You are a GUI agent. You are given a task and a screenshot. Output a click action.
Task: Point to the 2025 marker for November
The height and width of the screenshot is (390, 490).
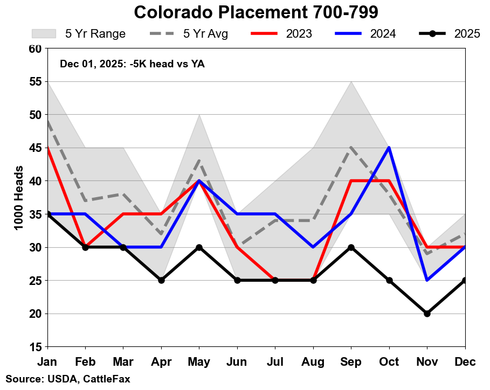(x=427, y=314)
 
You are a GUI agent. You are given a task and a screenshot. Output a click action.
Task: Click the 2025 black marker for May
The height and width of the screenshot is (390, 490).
(x=199, y=247)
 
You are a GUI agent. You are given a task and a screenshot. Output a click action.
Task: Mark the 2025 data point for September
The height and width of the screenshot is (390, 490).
(x=351, y=247)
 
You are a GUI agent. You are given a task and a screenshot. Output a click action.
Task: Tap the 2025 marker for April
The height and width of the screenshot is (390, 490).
(x=161, y=280)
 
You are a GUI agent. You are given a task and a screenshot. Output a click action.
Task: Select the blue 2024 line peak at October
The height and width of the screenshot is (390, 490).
(x=389, y=148)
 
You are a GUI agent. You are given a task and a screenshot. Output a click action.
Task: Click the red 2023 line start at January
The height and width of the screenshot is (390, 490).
(x=48, y=148)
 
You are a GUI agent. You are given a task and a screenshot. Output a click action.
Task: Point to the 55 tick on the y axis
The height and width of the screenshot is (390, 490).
(x=36, y=81)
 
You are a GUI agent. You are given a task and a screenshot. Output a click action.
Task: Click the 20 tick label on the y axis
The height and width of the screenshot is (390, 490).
(x=36, y=314)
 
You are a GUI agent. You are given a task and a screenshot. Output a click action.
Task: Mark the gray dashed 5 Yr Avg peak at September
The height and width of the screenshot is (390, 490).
(x=351, y=148)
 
